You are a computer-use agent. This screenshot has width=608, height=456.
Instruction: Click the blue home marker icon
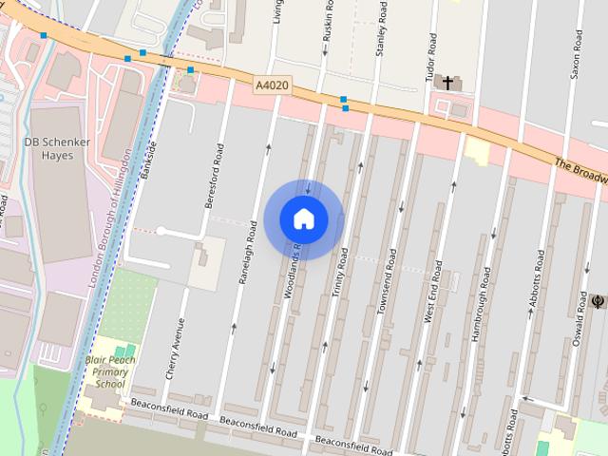click(x=304, y=219)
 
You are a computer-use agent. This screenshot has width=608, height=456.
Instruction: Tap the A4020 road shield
click(x=272, y=86)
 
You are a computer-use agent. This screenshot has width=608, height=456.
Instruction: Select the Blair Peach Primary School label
click(x=110, y=371)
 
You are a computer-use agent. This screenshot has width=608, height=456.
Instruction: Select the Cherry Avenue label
click(x=175, y=348)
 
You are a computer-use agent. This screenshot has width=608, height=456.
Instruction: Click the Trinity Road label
click(x=339, y=275)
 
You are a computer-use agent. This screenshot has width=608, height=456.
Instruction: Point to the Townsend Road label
click(x=385, y=276)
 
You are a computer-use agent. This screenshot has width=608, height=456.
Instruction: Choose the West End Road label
click(x=432, y=289)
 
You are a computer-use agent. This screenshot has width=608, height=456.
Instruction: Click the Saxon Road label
click(x=577, y=58)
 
